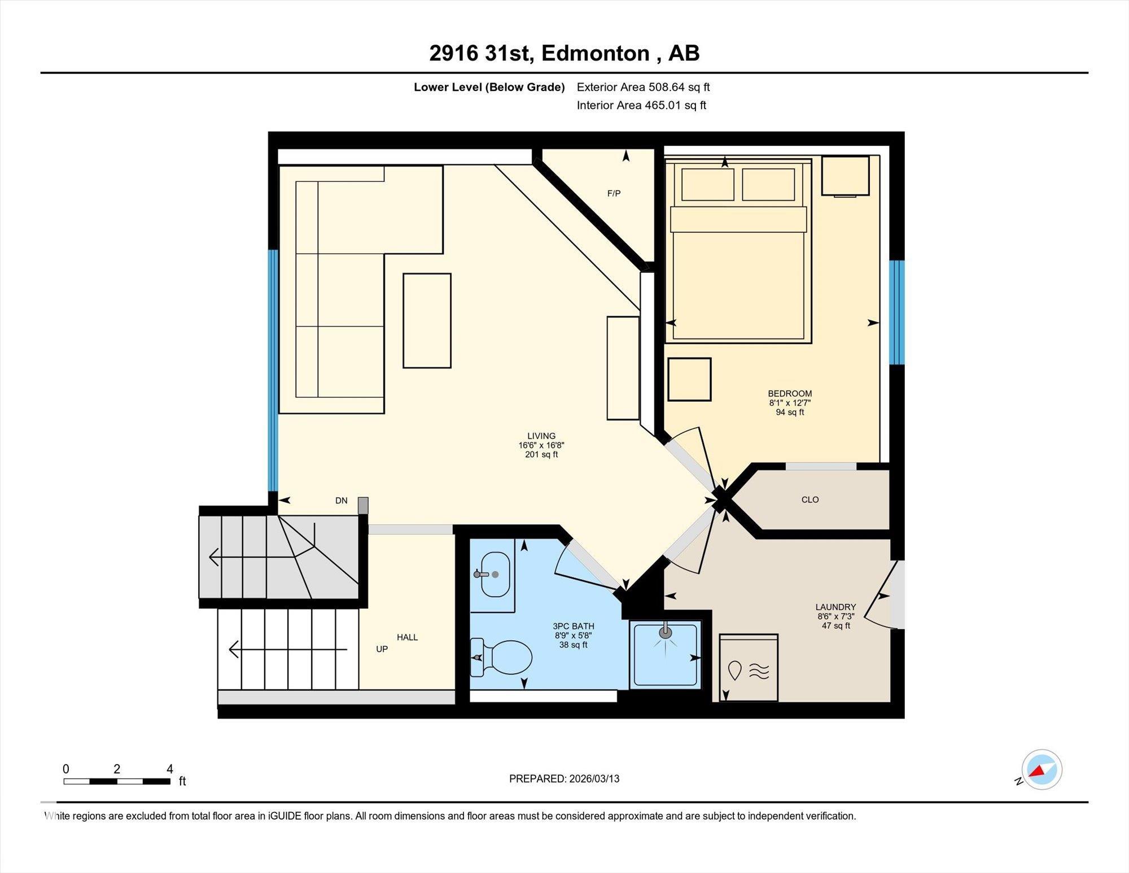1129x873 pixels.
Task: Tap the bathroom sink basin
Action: (495, 575)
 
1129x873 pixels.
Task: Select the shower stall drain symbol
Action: (666, 631)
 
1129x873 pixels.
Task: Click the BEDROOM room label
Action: (790, 394)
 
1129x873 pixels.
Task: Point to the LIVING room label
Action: (541, 436)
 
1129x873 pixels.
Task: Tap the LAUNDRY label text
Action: (835, 607)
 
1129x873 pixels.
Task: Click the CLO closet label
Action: (810, 500)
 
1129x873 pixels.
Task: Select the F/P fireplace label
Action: (614, 193)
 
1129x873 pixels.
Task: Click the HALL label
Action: (407, 637)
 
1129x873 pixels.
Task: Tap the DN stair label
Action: (342, 501)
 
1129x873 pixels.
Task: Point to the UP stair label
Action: (382, 649)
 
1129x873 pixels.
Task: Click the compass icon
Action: (1042, 770)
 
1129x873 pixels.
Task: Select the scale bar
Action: (117, 781)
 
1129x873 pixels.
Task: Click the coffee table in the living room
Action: (427, 320)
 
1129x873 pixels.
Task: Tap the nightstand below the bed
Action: (689, 379)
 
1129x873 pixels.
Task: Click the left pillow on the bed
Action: (708, 184)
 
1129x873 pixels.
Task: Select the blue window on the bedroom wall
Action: (897, 312)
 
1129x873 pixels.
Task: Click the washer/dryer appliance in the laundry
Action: (749, 668)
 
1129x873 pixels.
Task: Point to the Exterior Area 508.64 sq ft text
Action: (643, 87)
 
